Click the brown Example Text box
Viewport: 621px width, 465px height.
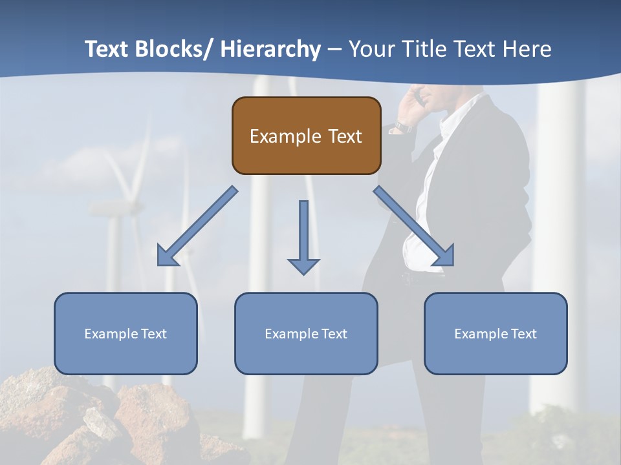pyautogui.click(x=306, y=136)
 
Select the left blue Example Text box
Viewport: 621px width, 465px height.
pyautogui.click(x=125, y=333)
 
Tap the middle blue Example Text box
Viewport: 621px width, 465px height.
pyautogui.click(x=306, y=333)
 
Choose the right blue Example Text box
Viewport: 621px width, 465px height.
pyautogui.click(x=496, y=333)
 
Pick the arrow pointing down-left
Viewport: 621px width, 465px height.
pyautogui.click(x=197, y=227)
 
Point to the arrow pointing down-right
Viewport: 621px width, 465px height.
pyautogui.click(x=414, y=227)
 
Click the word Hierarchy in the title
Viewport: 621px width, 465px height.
pyautogui.click(x=270, y=49)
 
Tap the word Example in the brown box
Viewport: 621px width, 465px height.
pyautogui.click(x=285, y=136)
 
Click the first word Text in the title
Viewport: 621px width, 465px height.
pyautogui.click(x=107, y=49)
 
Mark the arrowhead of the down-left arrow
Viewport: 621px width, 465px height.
pyautogui.click(x=167, y=256)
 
